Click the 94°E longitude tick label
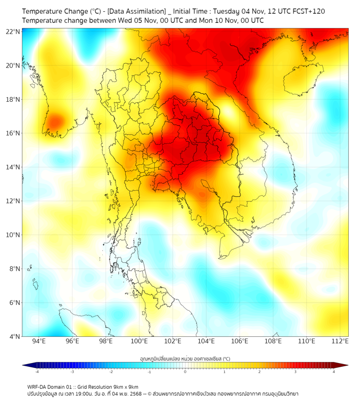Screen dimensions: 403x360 (39, 341)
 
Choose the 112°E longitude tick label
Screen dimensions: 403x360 (340, 341)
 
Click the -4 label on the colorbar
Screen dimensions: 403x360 (36, 372)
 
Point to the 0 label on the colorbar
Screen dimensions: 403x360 (185, 372)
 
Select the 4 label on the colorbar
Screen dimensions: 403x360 (334, 372)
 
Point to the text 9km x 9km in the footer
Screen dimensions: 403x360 (125, 386)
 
